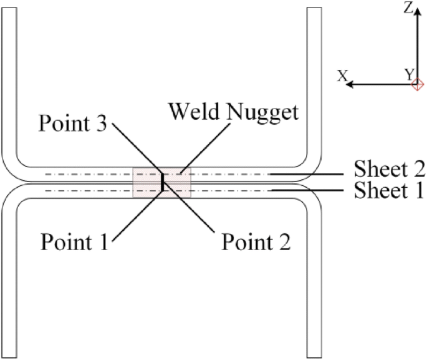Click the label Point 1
pos(74,240)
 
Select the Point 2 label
pos(256,240)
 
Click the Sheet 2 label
pos(389,168)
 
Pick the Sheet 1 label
pos(389,190)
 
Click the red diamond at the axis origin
pos(419,84)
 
